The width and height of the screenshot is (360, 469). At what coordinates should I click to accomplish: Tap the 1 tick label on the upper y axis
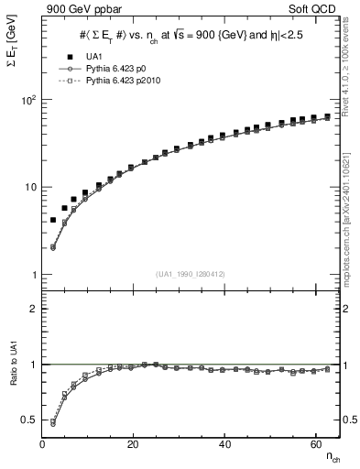33,276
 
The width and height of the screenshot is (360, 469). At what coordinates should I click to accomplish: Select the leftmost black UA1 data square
53,221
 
